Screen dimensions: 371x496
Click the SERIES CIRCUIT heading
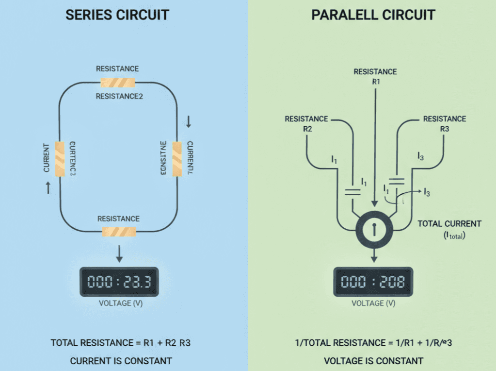coord(117,15)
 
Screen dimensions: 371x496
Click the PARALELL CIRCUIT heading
coord(373,15)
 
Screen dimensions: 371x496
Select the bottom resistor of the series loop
coord(119,232)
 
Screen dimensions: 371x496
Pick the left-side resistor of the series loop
coord(60,159)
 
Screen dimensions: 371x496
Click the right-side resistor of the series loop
coord(177,159)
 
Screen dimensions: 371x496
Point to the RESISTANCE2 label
coord(119,96)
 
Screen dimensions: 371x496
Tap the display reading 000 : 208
coord(373,281)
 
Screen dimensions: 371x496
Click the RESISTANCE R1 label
coord(375,76)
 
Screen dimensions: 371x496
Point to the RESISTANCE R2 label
coord(306,123)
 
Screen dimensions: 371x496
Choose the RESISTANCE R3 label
coord(445,123)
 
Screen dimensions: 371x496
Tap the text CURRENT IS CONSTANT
coord(121,361)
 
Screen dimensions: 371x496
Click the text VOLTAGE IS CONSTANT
coord(373,361)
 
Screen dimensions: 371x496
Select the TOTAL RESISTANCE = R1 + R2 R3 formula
coord(121,343)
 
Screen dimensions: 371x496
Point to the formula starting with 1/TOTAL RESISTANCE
coord(374,343)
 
